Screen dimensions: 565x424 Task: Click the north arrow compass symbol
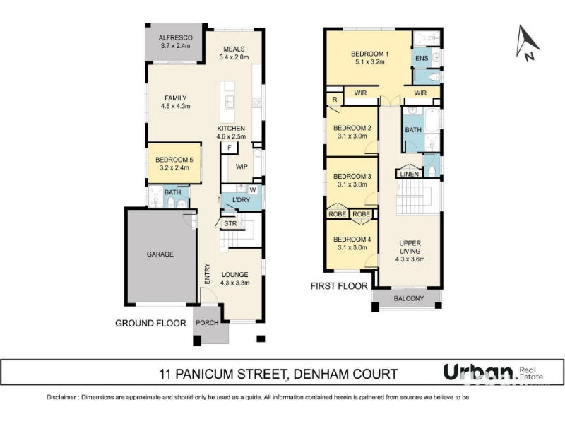click(x=527, y=43)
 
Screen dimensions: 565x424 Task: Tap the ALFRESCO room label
click(x=175, y=37)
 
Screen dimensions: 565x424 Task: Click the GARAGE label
click(x=160, y=254)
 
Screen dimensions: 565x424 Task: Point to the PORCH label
click(x=207, y=323)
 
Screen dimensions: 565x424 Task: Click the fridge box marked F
click(x=229, y=148)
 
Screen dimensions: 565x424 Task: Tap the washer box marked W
click(x=253, y=190)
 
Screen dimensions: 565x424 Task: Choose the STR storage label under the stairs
click(x=230, y=223)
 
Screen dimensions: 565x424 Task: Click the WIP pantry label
click(x=242, y=167)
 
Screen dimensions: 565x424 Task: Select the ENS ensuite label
click(x=422, y=59)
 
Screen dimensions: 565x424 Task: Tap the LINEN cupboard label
click(x=410, y=174)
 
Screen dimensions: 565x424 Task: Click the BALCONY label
click(x=409, y=298)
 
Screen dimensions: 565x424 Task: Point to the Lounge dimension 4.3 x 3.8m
click(x=234, y=283)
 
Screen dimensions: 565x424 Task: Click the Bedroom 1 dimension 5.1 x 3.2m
click(x=369, y=62)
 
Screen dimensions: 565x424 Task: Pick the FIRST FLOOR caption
click(x=339, y=286)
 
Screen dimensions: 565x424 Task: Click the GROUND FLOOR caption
click(x=150, y=324)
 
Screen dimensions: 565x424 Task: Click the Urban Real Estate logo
click(x=493, y=373)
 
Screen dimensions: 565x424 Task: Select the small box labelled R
click(x=335, y=99)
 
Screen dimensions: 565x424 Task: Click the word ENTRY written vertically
click(x=207, y=273)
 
